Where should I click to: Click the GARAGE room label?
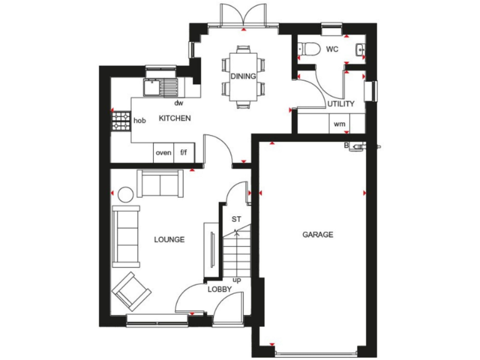pos(318,235)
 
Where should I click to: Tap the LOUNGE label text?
pos(169,239)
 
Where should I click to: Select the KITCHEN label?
pos(174,118)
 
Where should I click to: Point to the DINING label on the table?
pos(243,76)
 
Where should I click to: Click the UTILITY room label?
pos(341,104)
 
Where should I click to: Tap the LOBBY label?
pos(220,289)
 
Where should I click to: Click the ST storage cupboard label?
pos(236,219)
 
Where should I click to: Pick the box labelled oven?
pos(163,152)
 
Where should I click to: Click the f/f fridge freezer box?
pos(184,152)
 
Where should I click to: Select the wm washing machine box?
pos(339,124)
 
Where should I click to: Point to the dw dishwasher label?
pos(179,103)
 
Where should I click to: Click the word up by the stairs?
pos(237,279)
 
